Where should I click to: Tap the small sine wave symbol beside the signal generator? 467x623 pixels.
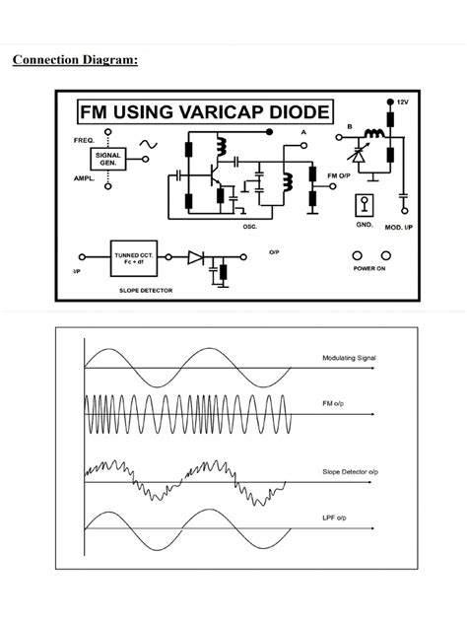point(149,144)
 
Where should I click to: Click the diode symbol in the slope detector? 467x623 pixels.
point(196,257)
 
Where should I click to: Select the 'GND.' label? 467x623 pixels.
point(364,226)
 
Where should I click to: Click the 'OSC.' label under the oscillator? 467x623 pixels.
point(249,226)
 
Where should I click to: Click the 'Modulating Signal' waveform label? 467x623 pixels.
point(349,357)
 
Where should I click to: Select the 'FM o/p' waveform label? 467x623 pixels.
point(333,404)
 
